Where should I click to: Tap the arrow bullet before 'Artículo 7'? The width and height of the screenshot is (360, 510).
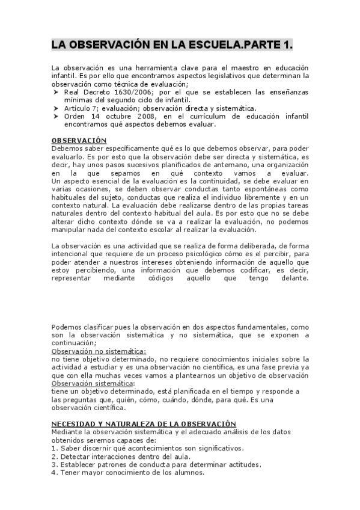(x=55, y=108)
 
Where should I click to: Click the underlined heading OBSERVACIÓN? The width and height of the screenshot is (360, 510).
(x=79, y=140)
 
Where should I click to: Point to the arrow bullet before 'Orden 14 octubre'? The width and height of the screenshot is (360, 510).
(x=55, y=116)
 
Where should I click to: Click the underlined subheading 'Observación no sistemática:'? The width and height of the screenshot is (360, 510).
(x=99, y=351)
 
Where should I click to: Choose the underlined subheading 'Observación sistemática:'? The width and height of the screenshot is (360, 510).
(x=93, y=383)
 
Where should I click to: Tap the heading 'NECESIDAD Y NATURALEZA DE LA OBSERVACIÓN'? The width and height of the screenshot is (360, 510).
(x=144, y=423)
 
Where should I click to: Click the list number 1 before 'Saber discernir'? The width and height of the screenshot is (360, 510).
(x=54, y=448)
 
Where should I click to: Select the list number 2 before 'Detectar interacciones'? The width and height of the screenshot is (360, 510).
(x=54, y=456)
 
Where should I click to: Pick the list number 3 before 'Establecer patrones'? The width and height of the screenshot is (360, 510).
(x=54, y=464)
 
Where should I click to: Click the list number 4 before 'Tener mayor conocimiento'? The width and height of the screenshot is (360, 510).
(x=54, y=472)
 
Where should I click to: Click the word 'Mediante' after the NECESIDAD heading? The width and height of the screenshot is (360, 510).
(x=69, y=432)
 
